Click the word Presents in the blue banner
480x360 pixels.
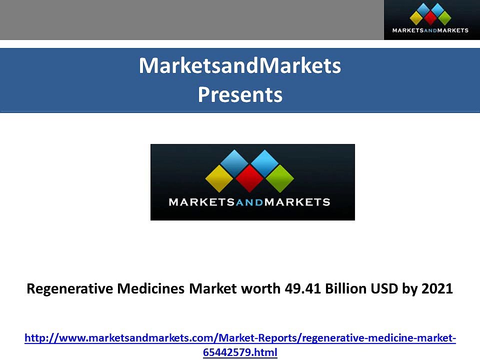click(x=240, y=95)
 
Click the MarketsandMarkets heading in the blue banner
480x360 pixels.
click(x=240, y=65)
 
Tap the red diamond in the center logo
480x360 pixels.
click(x=249, y=178)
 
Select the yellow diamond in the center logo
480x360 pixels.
click(x=219, y=178)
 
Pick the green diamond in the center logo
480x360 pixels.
click(x=280, y=178)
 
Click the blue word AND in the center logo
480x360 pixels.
click(x=249, y=202)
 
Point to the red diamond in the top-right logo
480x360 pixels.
click(x=430, y=18)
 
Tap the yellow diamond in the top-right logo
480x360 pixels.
click(x=416, y=18)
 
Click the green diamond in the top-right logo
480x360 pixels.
click(x=444, y=18)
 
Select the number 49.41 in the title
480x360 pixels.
click(x=303, y=288)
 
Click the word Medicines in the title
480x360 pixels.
click(x=151, y=288)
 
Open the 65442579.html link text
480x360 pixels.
click(x=240, y=352)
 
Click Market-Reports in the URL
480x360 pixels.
click(x=258, y=338)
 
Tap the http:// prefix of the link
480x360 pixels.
click(x=41, y=338)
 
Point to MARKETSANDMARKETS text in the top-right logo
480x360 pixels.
click(x=430, y=30)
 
